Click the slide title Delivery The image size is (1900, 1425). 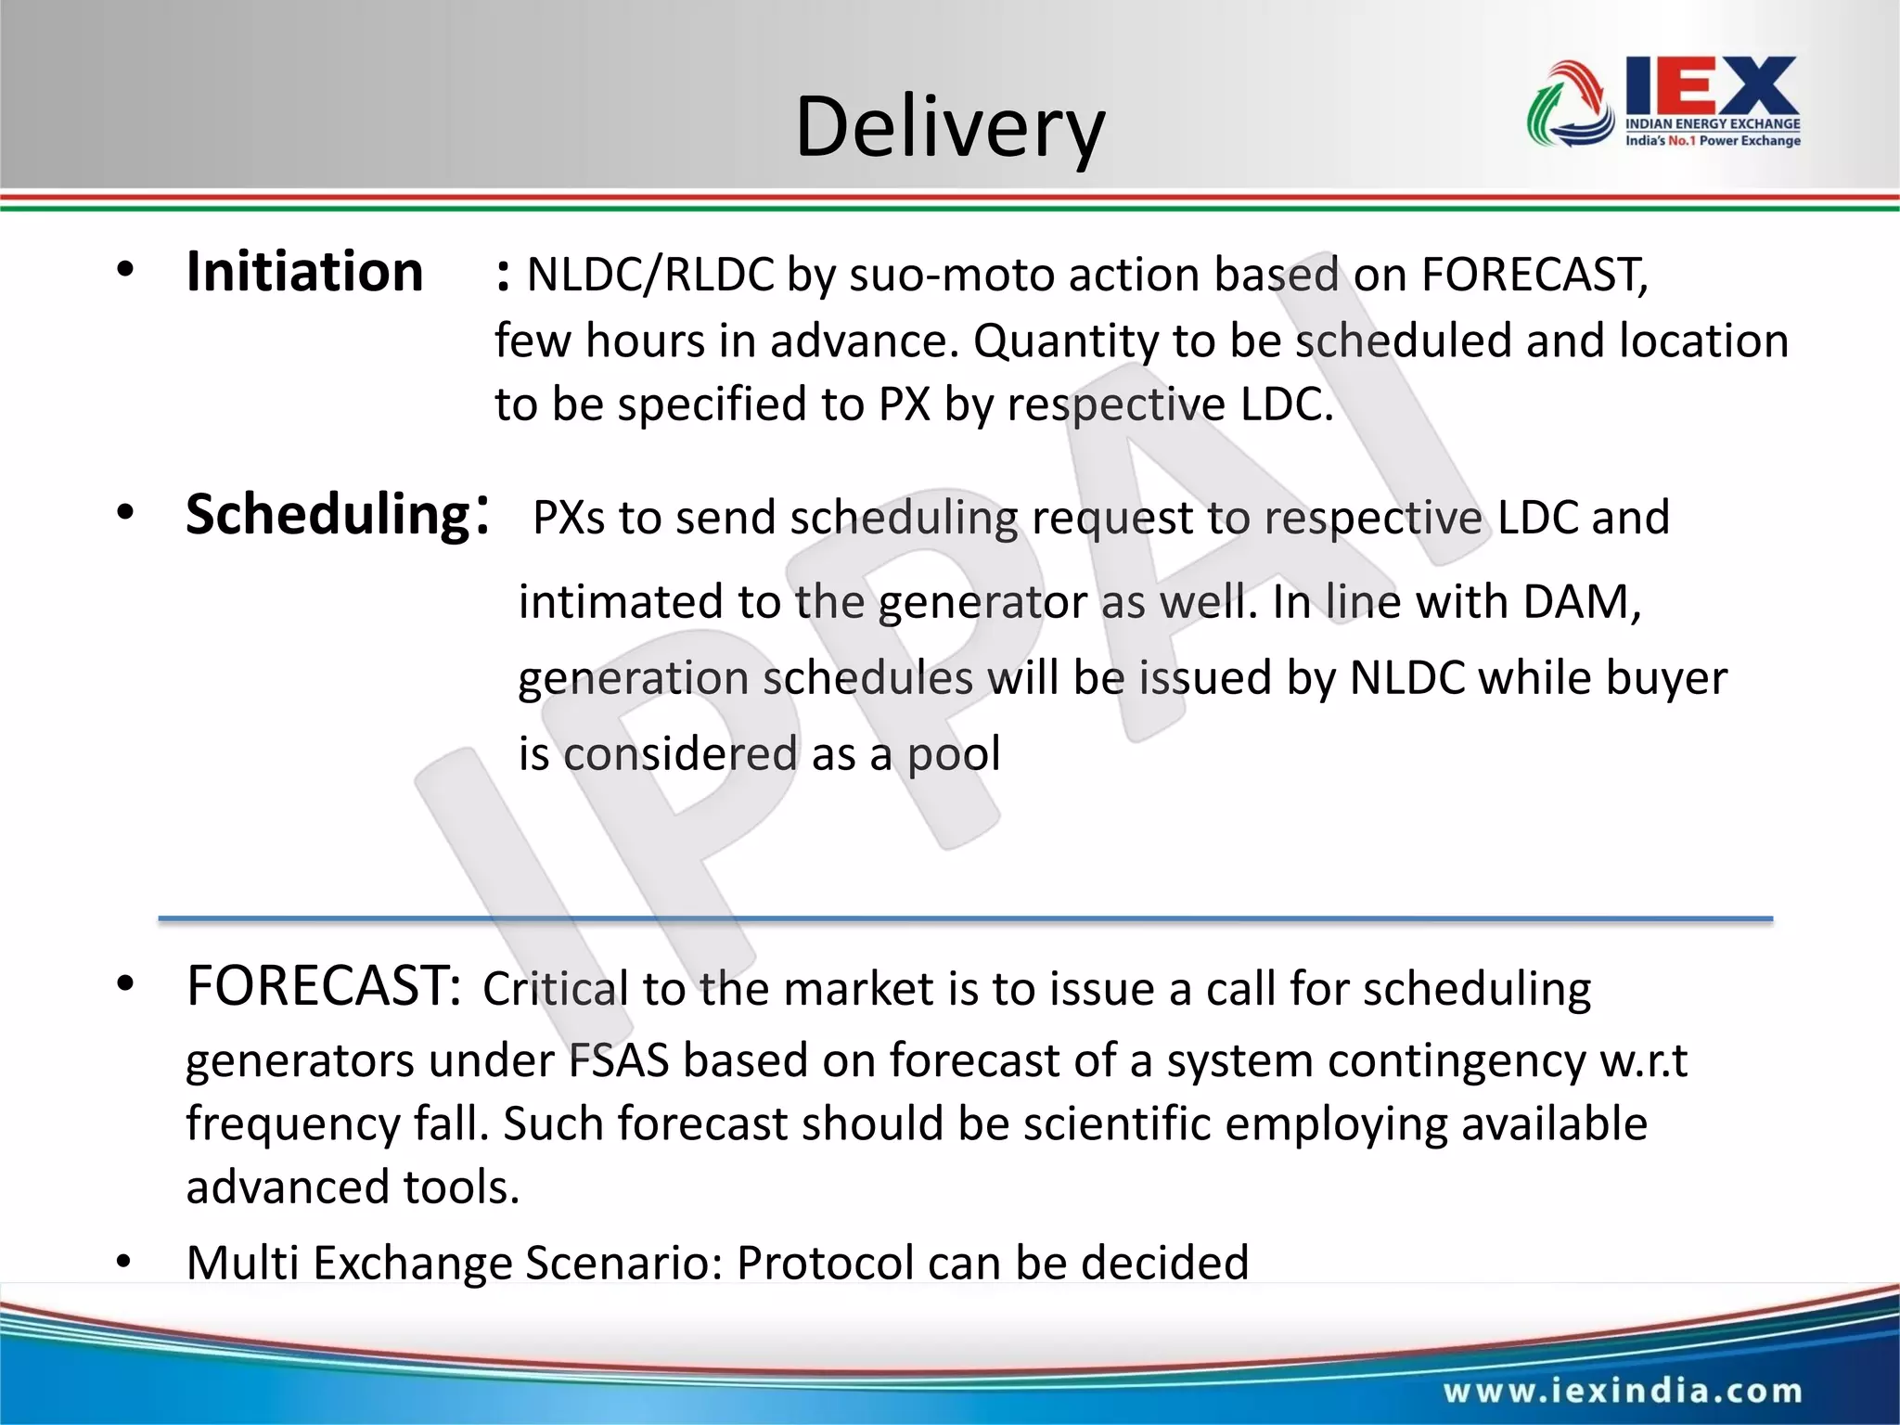950,127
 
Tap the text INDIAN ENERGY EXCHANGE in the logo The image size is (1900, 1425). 1713,123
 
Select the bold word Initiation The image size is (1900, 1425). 304,273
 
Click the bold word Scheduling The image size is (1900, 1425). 328,515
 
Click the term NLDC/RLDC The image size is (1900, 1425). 649,276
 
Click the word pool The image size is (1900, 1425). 954,754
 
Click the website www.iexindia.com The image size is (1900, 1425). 1622,1391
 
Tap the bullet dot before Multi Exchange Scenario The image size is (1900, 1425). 125,1263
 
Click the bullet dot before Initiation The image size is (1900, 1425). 125,272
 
